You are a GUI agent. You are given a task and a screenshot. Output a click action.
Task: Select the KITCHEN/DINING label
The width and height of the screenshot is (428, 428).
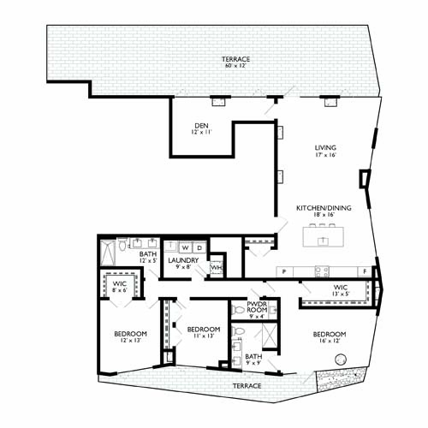(319, 208)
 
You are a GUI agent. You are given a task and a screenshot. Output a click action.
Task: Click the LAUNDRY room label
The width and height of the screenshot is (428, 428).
(183, 260)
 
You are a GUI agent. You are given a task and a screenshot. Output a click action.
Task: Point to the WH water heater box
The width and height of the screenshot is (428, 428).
(217, 267)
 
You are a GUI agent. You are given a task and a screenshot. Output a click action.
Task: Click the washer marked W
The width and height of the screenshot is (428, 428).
(184, 247)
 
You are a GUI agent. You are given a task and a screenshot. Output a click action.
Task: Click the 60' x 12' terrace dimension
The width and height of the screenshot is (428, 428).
(237, 65)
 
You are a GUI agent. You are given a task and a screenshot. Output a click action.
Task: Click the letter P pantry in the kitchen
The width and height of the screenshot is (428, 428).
(282, 270)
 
